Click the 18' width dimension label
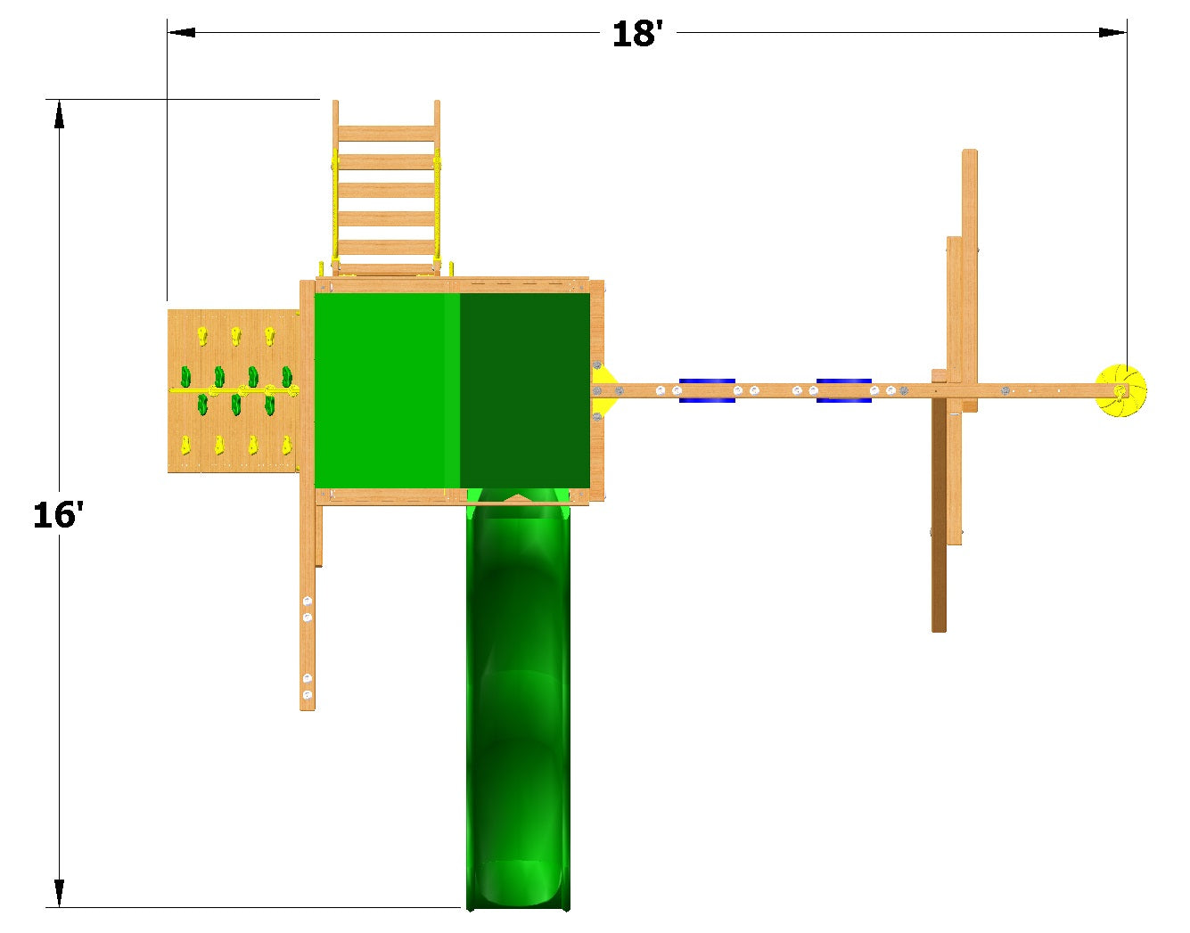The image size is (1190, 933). click(x=636, y=34)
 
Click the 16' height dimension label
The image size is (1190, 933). click(x=58, y=515)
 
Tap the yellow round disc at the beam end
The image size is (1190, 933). click(x=1120, y=390)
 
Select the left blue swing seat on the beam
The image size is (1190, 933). click(x=707, y=390)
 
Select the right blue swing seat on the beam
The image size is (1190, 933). click(x=843, y=390)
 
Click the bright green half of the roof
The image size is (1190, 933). click(x=387, y=389)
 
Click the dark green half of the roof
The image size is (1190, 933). click(x=525, y=389)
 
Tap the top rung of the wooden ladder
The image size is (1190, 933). click(x=387, y=133)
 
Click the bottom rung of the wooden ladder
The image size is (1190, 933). click(x=387, y=269)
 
